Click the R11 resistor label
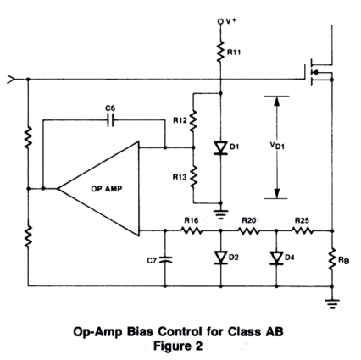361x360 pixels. click(234, 53)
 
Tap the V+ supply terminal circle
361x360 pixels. click(220, 21)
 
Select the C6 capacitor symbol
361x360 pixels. click(110, 120)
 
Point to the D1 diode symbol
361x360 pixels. click(220, 148)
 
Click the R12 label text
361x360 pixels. click(180, 120)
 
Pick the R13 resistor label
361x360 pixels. click(180, 177)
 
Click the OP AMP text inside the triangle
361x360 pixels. click(107, 189)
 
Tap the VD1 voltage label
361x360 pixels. click(277, 146)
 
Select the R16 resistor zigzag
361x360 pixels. click(192, 230)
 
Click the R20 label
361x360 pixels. click(248, 220)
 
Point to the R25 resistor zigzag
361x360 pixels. click(303, 230)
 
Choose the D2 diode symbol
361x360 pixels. click(220, 258)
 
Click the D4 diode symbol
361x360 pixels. click(276, 258)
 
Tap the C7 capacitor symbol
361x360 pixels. click(165, 260)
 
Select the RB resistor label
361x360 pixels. click(344, 260)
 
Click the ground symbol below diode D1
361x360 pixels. click(221, 214)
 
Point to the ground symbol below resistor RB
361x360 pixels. click(332, 304)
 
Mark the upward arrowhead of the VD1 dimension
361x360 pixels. click(277, 102)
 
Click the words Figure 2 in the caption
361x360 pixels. click(178, 346)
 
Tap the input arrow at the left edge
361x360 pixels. click(11, 80)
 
